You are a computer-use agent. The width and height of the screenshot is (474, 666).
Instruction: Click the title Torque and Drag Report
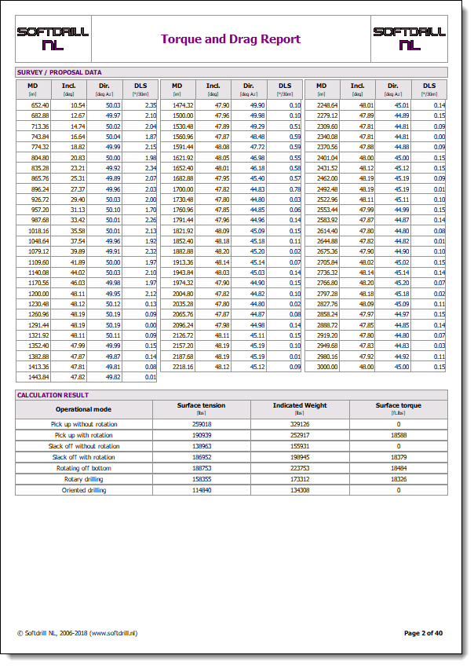(231, 39)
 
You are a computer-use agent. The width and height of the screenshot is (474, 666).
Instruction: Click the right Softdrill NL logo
(409, 38)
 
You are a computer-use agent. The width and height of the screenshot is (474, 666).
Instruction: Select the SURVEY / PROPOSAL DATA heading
(60, 72)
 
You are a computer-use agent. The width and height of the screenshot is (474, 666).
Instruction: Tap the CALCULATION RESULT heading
(53, 395)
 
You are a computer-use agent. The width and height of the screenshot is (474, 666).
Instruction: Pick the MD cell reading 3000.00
(328, 367)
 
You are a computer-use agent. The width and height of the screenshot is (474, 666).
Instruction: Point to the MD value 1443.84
(39, 377)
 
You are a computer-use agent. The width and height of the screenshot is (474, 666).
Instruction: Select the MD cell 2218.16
(183, 367)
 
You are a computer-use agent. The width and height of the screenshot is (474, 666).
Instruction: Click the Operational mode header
(83, 409)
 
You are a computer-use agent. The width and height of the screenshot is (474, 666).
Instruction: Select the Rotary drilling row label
(84, 479)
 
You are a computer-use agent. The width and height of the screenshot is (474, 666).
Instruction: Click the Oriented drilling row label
(84, 490)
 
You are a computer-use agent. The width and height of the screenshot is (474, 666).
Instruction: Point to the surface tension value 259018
(202, 424)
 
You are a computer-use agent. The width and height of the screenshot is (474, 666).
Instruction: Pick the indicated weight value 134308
(299, 490)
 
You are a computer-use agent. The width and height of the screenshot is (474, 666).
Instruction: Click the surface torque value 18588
(398, 435)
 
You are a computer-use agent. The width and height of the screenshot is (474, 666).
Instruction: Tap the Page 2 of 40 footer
(424, 632)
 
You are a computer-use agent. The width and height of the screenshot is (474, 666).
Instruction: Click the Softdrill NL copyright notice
(77, 632)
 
